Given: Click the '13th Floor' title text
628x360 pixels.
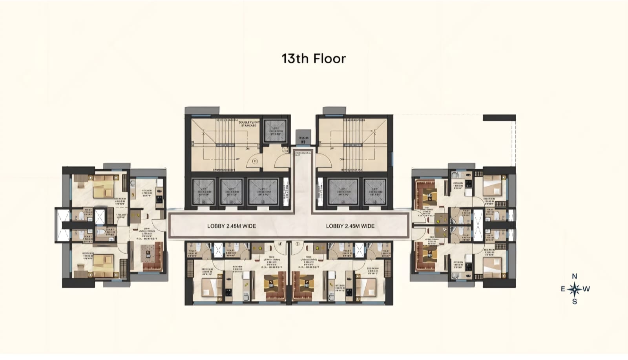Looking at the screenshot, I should click(x=314, y=58).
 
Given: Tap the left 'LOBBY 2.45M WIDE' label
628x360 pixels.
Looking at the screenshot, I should click(x=232, y=226).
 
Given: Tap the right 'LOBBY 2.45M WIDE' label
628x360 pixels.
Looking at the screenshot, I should click(x=350, y=226).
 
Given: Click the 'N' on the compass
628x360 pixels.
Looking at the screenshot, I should click(x=575, y=276).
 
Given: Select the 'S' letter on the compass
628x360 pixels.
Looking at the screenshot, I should click(x=575, y=302).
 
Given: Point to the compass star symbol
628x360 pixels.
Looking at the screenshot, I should click(x=575, y=289).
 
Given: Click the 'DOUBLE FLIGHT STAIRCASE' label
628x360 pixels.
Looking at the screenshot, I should click(x=248, y=124).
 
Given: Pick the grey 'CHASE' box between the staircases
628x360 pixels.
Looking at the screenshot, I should click(x=303, y=138).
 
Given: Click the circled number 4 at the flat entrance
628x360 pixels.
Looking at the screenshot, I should click(x=280, y=244).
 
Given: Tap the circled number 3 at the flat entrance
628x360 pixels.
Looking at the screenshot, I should click(x=298, y=244).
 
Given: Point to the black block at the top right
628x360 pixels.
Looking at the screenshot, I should click(x=499, y=117).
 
